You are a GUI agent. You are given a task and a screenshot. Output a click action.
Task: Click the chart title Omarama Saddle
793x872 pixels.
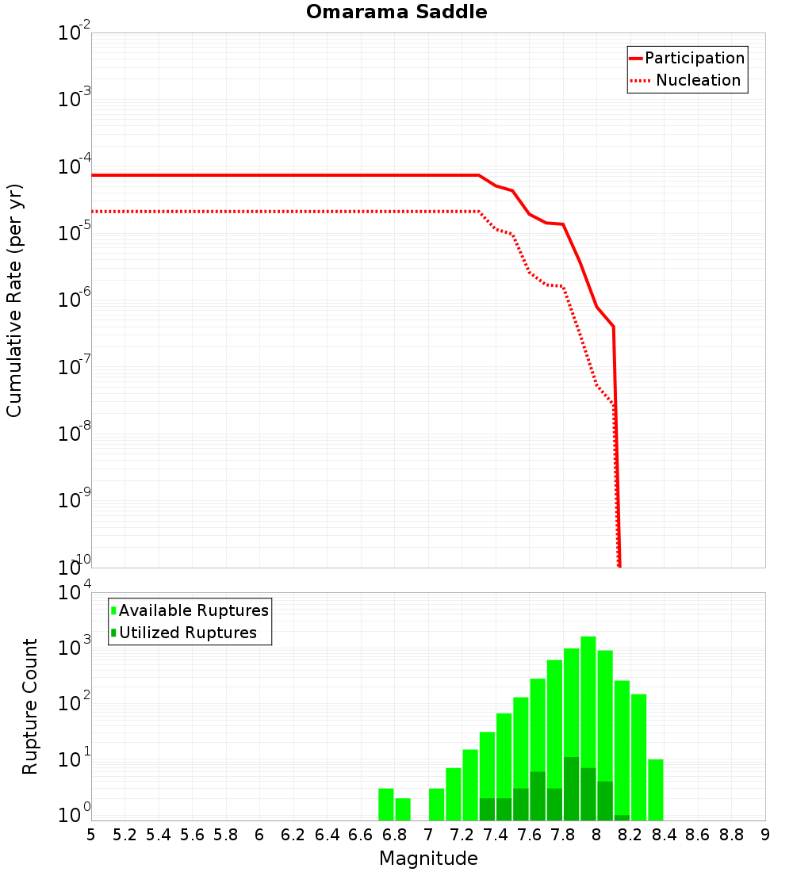click(x=396, y=12)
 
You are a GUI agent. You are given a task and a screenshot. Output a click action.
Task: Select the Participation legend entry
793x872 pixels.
click(x=694, y=58)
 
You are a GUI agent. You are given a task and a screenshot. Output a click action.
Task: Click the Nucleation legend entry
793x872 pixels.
click(x=698, y=80)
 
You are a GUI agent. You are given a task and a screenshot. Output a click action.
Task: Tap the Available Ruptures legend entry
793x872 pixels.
click(x=193, y=610)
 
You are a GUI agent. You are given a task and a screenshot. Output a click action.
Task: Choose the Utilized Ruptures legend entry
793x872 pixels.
click(x=187, y=633)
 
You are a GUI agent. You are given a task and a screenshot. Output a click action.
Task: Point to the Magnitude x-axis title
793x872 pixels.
click(x=428, y=859)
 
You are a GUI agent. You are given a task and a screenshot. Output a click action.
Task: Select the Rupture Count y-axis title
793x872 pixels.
click(x=30, y=706)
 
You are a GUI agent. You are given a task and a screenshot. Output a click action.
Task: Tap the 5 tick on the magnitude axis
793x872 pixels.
click(x=91, y=835)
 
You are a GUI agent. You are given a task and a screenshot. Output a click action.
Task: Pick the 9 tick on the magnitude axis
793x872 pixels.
click(x=765, y=835)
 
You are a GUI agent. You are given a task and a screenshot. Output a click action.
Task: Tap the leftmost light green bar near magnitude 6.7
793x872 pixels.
click(x=386, y=804)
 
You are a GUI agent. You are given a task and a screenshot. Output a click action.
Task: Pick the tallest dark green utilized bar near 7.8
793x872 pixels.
click(x=571, y=789)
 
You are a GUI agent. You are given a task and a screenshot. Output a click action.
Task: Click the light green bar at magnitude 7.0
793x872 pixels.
click(x=436, y=804)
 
